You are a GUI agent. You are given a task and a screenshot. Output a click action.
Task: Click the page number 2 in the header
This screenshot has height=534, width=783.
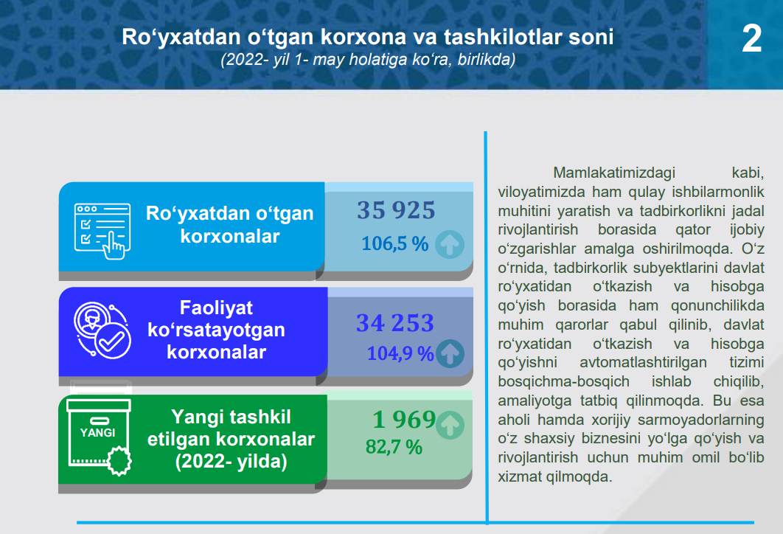751,38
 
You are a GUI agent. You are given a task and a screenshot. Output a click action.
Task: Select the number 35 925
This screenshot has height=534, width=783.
396,210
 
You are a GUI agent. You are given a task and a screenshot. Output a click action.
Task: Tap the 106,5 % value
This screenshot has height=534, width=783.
395,244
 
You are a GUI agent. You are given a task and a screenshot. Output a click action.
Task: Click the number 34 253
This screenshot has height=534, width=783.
395,323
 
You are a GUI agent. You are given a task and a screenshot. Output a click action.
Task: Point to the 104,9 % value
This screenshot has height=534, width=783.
400,354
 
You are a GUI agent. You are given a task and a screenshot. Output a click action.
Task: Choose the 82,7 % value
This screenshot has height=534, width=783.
394,447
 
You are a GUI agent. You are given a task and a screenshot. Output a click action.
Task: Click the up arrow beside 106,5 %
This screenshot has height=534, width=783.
450,244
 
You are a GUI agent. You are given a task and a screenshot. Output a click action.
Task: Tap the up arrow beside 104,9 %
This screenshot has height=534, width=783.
450,353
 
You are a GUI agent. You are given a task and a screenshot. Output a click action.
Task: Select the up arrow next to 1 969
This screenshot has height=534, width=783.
450,425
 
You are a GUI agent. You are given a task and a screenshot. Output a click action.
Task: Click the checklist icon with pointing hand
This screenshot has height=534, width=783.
103,231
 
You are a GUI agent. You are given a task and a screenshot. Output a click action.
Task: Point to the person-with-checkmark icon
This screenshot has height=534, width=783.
102,330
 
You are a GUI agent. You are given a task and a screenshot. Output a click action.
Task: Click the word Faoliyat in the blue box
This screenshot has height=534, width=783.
216,308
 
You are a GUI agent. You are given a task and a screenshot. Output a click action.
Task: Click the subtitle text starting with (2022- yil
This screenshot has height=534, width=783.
368,60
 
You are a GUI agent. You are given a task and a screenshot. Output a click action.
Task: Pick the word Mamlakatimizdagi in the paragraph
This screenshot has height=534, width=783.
614,173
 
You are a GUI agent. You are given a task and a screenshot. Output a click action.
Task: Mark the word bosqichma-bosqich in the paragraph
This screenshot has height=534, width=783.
563,381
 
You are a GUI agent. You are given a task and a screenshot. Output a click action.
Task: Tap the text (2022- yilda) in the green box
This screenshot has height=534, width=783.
232,461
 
